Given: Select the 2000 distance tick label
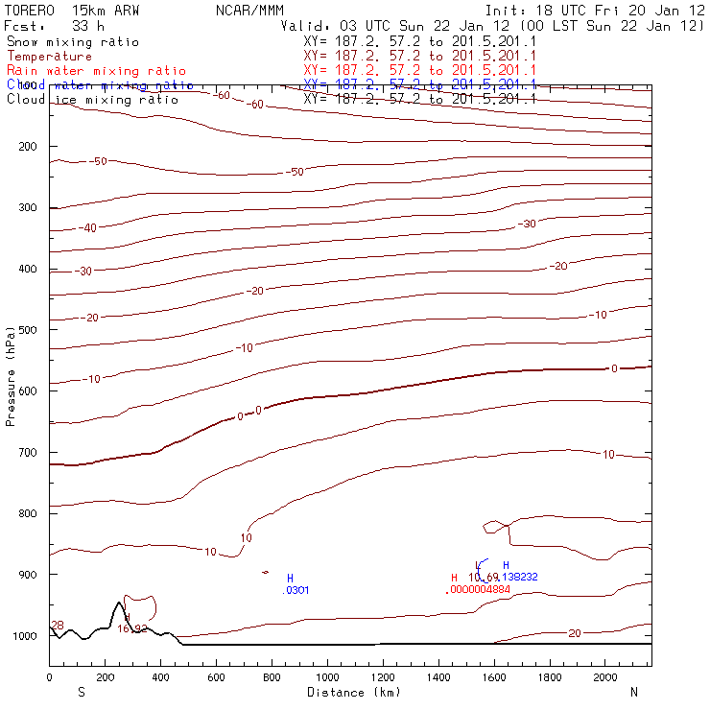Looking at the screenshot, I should tap(605, 678).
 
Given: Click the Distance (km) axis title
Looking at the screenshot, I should tap(354, 692).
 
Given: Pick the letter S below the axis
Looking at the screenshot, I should tap(81, 692).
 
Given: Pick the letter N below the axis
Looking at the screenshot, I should tap(634, 692).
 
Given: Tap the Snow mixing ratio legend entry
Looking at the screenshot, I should tap(72, 42).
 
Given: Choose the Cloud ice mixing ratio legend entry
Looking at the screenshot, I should tap(92, 100).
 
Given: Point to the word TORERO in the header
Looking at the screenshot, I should tap(33, 12).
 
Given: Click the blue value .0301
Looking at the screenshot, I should tap(296, 590).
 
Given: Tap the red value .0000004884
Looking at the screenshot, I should tap(478, 589).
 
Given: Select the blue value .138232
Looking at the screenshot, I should tap(517, 577).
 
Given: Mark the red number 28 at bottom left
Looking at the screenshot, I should tap(57, 626).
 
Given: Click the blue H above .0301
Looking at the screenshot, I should tap(290, 578).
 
